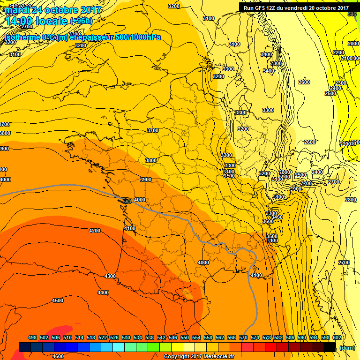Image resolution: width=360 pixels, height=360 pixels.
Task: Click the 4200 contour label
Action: (x=95, y=231)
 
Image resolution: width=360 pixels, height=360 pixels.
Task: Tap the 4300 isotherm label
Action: (x=110, y=276)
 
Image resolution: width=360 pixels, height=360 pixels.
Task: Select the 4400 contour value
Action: (x=103, y=292)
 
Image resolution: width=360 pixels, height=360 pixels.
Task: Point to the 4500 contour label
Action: (x=58, y=300)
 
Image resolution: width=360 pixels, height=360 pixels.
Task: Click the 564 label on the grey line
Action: (x=127, y=202)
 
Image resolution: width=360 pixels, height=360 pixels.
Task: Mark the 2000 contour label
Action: (x=353, y=44)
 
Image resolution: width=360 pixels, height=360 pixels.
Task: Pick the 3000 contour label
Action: (x=296, y=189)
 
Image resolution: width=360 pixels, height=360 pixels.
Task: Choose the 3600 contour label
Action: (x=268, y=221)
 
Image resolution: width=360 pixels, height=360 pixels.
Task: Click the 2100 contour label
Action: (x=347, y=58)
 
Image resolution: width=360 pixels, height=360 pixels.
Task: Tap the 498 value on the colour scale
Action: (x=32, y=337)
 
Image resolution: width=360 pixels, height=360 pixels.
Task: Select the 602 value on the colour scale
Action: (x=337, y=337)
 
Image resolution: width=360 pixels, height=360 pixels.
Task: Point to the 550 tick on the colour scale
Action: (x=185, y=337)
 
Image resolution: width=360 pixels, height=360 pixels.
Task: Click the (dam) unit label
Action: (x=347, y=347)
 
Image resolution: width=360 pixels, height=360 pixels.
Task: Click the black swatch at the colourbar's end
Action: (x=330, y=347)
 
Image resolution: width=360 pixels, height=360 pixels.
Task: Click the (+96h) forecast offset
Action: (x=81, y=21)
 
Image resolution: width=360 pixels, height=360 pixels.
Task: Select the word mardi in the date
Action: (x=16, y=10)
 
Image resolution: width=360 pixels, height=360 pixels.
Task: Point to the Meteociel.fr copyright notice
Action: (x=199, y=356)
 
